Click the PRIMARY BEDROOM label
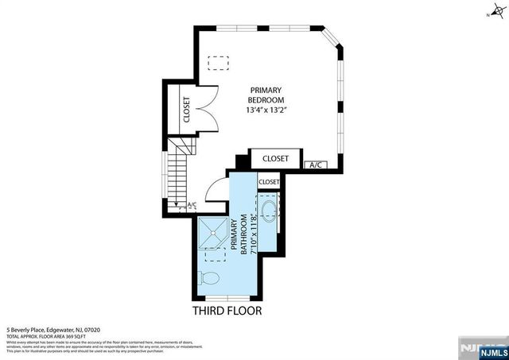(266, 95)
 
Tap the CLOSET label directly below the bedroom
(276, 158)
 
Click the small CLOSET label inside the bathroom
(269, 182)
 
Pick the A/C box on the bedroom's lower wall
(314, 165)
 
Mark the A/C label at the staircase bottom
(191, 206)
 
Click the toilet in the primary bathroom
(211, 280)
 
